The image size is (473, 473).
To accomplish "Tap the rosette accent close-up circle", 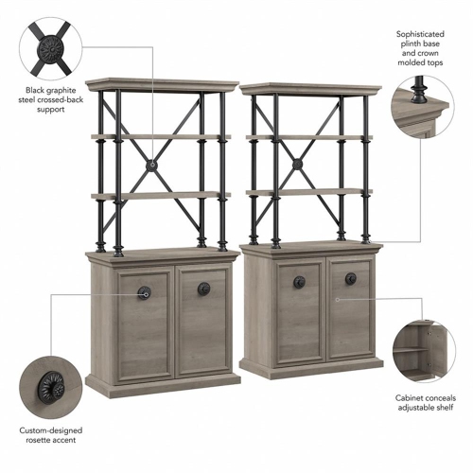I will [50, 387].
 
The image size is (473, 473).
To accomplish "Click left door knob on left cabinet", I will [144, 292].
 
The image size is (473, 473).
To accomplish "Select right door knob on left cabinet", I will [203, 289].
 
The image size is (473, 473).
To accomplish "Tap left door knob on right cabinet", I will [298, 281].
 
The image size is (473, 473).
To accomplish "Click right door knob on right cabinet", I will [350, 278].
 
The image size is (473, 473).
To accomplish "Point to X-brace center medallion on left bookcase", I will [150, 167].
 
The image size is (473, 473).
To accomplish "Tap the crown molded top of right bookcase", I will [310, 90].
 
